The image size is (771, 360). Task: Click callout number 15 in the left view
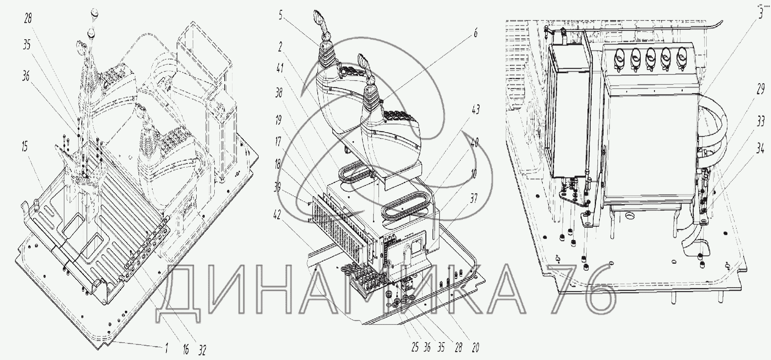(x=25, y=147)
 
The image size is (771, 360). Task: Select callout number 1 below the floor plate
(x=167, y=349)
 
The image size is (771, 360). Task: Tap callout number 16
(x=186, y=350)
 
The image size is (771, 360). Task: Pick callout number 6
(x=475, y=33)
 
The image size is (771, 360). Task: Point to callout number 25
(x=415, y=347)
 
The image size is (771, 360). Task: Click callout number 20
(x=475, y=348)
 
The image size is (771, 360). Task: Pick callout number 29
(x=760, y=90)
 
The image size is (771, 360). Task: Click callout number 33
(x=760, y=122)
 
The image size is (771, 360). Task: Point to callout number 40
(x=475, y=143)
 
